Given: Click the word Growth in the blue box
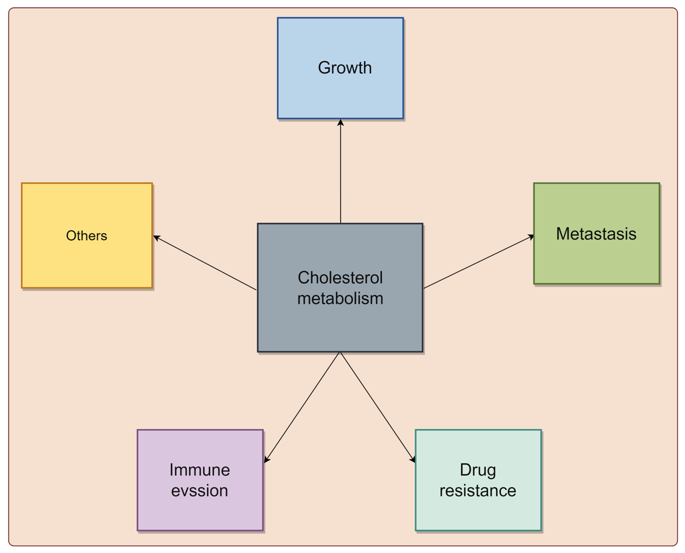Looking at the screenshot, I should pyautogui.click(x=345, y=68).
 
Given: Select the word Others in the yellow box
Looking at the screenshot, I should pyautogui.click(x=86, y=236).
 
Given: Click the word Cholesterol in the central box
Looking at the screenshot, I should pyautogui.click(x=340, y=277).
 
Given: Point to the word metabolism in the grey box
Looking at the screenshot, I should pyautogui.click(x=340, y=298).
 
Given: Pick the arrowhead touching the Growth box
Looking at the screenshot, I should pyautogui.click(x=340, y=123).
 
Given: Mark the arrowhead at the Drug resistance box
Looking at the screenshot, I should pyautogui.click(x=413, y=460).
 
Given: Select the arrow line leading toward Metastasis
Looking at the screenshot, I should pyautogui.click(x=478, y=262).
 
